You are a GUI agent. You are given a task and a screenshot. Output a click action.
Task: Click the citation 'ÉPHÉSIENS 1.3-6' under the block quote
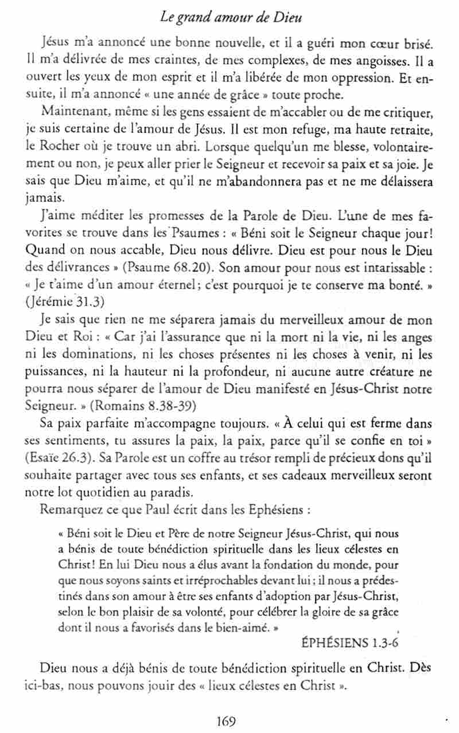click(x=351, y=641)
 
